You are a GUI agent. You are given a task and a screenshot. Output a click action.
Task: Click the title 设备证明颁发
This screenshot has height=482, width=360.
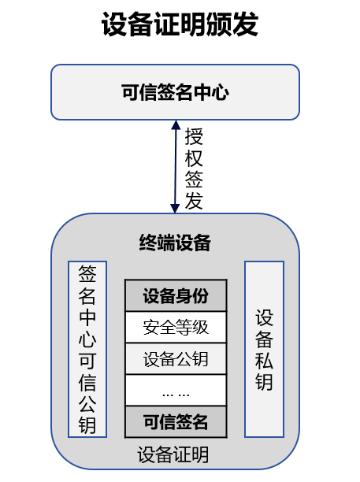pos(180,24)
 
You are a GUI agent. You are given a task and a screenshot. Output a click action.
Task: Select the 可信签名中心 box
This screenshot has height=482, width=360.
pos(175,92)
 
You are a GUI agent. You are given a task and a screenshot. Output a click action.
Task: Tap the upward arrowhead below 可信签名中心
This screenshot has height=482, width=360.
pos(176,124)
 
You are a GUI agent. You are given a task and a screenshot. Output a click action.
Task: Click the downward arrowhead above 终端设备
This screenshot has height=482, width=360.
pos(175,209)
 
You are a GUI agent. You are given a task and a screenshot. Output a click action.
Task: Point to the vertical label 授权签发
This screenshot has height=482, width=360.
pos(194,169)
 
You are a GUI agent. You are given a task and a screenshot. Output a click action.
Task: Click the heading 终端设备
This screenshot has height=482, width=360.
pos(175,243)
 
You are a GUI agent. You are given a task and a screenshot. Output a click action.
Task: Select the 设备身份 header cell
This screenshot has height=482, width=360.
pos(176,295)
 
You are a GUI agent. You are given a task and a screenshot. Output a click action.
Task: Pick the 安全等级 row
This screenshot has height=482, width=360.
pos(176,327)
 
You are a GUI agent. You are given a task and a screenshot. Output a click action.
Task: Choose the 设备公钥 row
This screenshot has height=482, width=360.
pos(176,358)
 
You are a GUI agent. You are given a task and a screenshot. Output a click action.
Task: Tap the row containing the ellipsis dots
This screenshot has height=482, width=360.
pos(176,390)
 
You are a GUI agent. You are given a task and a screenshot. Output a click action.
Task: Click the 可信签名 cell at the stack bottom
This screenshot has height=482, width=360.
pos(176,422)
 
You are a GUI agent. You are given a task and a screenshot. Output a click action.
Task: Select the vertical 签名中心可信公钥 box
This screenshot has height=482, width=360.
pos(87,349)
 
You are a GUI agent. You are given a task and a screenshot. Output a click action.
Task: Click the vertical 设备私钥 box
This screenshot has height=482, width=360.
pos(264,349)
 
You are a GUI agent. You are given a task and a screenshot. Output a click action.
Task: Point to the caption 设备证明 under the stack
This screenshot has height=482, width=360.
pos(173,454)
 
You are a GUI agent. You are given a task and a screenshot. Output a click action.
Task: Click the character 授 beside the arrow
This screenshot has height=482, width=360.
pos(194,137)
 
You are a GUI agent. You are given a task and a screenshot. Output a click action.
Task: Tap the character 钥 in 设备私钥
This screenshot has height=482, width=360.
pos(264,381)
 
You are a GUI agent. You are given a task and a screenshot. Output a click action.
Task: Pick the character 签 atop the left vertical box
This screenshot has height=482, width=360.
pos(87,274)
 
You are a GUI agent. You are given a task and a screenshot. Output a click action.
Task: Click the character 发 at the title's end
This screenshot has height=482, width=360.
pos(245,24)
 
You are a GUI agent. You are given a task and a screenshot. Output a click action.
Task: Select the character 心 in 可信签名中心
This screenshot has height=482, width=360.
pos(220,92)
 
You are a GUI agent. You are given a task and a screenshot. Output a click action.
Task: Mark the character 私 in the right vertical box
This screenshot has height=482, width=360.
pos(264,360)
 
